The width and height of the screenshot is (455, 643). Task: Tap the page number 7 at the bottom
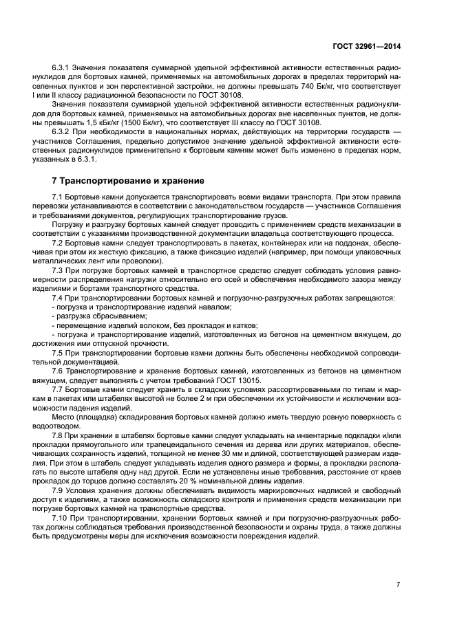pos(398,585)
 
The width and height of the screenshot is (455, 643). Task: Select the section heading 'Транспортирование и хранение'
pos(128,181)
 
